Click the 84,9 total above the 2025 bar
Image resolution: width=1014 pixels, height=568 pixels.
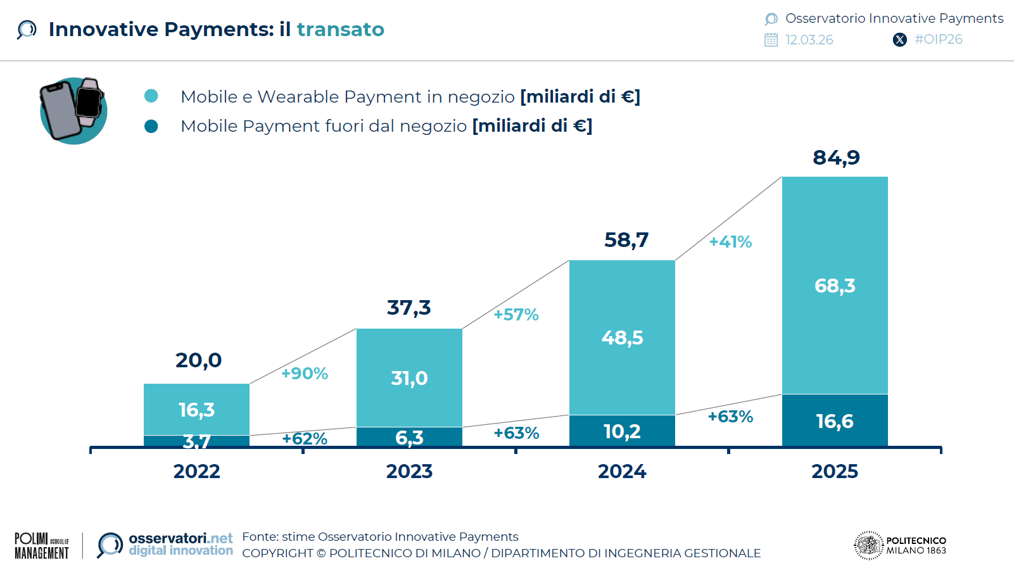click(836, 157)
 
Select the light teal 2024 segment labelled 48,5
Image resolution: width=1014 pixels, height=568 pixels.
click(622, 337)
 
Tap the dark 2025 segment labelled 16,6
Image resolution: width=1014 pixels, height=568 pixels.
click(835, 421)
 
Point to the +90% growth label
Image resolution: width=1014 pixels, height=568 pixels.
click(305, 374)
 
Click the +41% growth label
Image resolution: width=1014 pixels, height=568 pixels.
click(730, 242)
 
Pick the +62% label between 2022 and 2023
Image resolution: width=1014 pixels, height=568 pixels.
click(305, 439)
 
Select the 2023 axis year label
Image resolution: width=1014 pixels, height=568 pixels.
click(409, 471)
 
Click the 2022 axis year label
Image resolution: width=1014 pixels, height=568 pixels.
click(196, 471)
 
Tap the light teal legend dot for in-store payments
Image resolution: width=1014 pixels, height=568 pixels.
click(151, 96)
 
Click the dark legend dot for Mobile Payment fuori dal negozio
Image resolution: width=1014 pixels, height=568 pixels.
click(151, 126)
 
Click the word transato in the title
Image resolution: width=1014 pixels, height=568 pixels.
click(340, 29)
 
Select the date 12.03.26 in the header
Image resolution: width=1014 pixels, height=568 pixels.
click(809, 40)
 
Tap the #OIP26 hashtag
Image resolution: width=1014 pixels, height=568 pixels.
click(938, 39)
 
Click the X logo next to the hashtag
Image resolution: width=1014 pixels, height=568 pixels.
click(899, 40)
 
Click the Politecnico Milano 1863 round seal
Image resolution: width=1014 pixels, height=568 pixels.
click(868, 545)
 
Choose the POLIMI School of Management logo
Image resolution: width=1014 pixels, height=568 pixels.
click(42, 545)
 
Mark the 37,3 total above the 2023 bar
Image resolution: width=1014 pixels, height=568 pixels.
click(409, 308)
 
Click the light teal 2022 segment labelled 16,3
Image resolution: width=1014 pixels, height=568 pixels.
click(196, 410)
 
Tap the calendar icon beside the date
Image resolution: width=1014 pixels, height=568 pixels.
click(771, 40)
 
